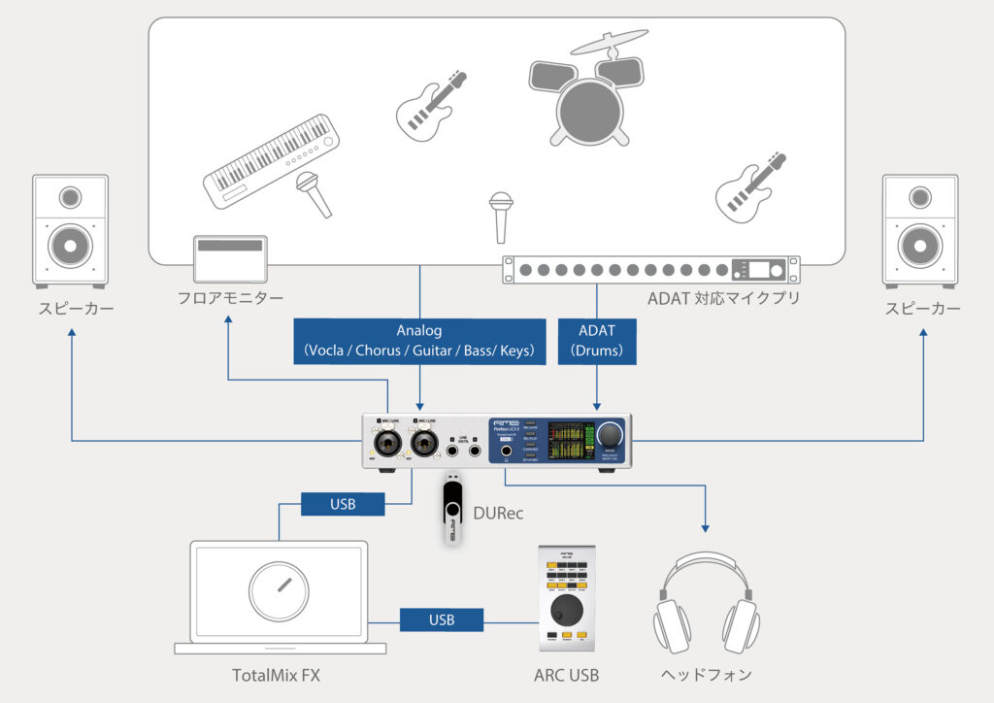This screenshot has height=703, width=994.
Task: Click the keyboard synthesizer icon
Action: click(273, 160)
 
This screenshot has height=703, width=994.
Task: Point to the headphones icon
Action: click(706, 607)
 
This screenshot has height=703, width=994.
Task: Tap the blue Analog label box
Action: click(417, 340)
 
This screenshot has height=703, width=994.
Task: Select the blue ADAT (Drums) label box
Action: click(597, 340)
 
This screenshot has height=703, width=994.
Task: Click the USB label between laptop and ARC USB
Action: click(442, 619)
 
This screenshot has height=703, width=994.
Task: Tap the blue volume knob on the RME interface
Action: click(611, 433)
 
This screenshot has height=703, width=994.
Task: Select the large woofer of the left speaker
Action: click(70, 245)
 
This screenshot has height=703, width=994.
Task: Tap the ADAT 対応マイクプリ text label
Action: click(724, 298)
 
